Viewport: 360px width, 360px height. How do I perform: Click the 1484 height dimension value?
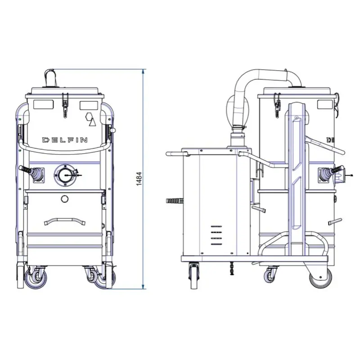click(x=139, y=179)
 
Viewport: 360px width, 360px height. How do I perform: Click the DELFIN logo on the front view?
click(x=65, y=140)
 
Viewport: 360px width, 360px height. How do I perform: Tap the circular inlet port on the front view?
click(x=65, y=175)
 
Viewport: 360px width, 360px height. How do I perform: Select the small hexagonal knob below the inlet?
click(x=65, y=198)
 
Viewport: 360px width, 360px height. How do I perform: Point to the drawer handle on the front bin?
click(x=65, y=221)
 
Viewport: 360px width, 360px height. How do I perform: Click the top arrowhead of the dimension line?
click(x=144, y=72)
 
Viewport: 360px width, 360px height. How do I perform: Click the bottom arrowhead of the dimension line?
click(x=144, y=287)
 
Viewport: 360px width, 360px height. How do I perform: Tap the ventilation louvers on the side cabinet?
click(x=216, y=235)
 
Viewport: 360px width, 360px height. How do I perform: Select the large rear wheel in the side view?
click(x=321, y=277)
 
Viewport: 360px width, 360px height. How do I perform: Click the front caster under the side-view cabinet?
click(x=194, y=275)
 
